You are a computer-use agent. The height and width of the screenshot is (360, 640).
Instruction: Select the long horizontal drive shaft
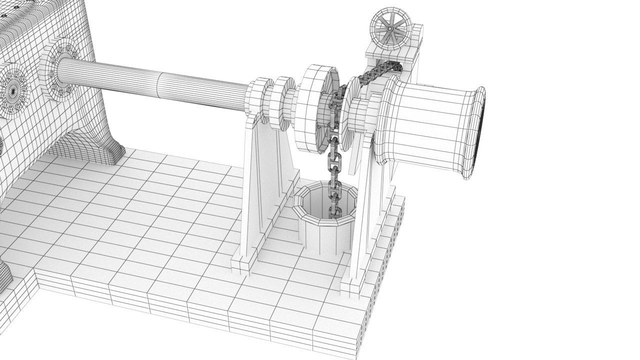[150, 82]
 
